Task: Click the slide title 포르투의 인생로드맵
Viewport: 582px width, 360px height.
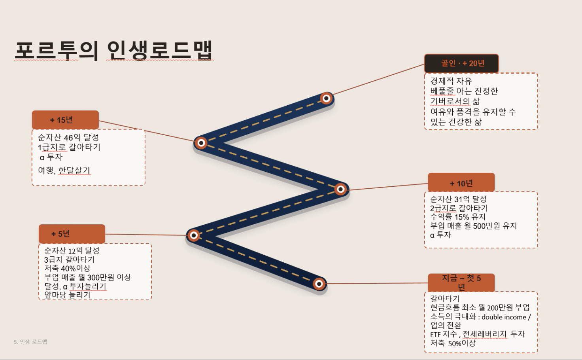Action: click(x=114, y=50)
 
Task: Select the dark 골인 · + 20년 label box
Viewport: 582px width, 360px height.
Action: click(x=461, y=63)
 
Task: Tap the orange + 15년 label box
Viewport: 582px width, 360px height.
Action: click(x=65, y=120)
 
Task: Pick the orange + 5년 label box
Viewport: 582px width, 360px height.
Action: click(x=72, y=234)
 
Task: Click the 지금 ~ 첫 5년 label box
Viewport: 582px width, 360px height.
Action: click(x=461, y=282)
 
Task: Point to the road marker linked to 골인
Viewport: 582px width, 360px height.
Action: click(x=326, y=99)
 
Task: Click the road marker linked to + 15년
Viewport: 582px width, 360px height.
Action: click(x=201, y=143)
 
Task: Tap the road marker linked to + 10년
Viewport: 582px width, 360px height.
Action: click(x=340, y=189)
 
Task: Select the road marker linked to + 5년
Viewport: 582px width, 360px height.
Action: click(x=194, y=235)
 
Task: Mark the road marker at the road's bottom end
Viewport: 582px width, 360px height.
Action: click(x=319, y=284)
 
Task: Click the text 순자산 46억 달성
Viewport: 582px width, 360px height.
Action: click(x=68, y=137)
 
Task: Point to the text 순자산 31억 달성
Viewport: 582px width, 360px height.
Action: click(x=458, y=199)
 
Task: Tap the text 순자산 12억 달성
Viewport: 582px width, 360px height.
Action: click(x=72, y=250)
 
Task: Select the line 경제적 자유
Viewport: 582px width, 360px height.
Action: click(x=451, y=81)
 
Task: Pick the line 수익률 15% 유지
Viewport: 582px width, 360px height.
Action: click(x=458, y=216)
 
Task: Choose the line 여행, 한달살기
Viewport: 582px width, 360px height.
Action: click(x=64, y=170)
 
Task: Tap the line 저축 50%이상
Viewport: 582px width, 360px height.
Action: click(x=453, y=343)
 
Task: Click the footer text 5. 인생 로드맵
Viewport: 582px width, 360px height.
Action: click(x=30, y=341)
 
